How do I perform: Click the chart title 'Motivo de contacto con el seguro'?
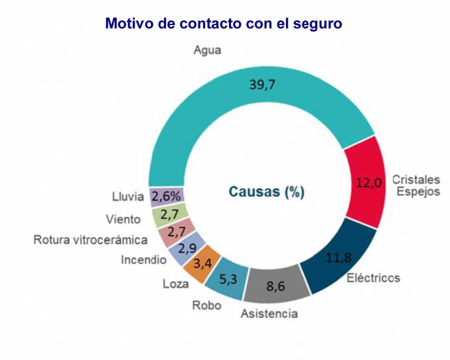[x=224, y=24]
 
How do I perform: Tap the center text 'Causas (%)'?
[x=266, y=192]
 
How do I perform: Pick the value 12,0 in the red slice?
[x=369, y=183]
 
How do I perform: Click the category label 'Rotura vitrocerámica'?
[x=91, y=239]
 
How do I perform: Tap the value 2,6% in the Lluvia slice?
[x=166, y=197]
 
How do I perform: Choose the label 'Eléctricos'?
[x=374, y=278]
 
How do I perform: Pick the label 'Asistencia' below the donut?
[x=269, y=314]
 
